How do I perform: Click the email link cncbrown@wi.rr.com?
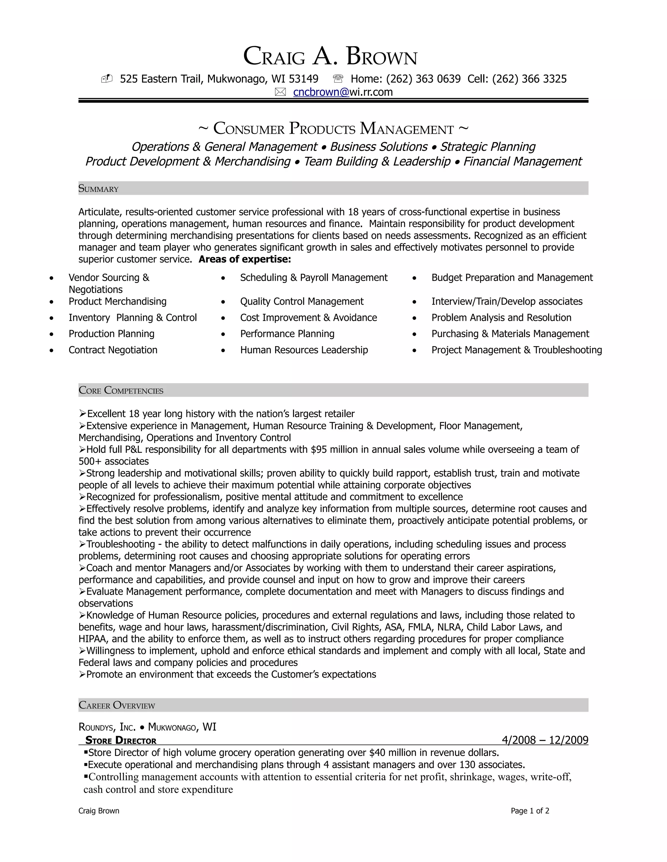point(343,92)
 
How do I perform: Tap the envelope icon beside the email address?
point(280,92)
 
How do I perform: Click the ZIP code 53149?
point(304,79)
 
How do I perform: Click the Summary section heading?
point(98,189)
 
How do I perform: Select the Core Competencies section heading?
point(121,390)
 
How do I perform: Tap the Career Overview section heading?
point(117,705)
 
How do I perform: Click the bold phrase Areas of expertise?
point(245,259)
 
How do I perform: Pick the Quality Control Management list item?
point(302,302)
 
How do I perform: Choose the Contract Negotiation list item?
point(113,350)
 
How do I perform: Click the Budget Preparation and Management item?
point(512,277)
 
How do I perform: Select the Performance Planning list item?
point(287,334)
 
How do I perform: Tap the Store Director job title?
point(121,740)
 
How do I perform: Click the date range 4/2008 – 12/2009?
point(545,740)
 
